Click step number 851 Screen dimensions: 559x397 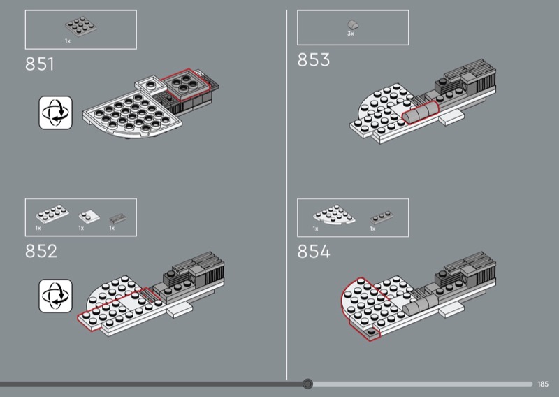tap(40, 64)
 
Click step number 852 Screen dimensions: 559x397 tap(41, 251)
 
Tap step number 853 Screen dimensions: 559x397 tap(313, 59)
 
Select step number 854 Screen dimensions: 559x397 tap(314, 251)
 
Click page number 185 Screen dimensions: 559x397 tap(543, 384)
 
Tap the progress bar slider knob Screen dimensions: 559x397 tap(307, 384)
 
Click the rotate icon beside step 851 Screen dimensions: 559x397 tap(56, 113)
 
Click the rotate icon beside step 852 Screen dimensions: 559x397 tap(56, 296)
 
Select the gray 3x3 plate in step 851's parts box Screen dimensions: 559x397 tap(81, 27)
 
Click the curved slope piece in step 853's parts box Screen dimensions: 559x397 tap(353, 25)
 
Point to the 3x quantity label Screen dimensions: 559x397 tap(351, 34)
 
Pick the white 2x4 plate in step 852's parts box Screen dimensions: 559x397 tap(52, 213)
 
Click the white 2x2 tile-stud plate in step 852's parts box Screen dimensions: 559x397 tap(89, 217)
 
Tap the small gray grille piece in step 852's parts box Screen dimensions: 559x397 tap(117, 218)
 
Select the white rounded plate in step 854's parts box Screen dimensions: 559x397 tap(334, 215)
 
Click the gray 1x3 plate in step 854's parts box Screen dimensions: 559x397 tap(382, 217)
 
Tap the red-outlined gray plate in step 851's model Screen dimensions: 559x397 tap(184, 85)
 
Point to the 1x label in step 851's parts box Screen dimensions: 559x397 tap(68, 41)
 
